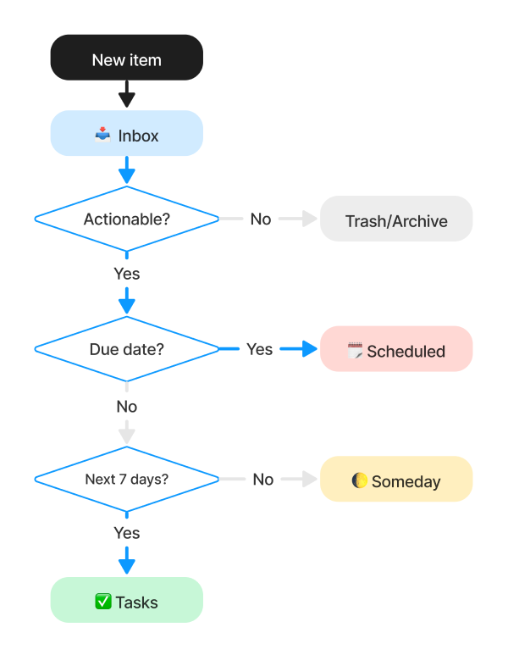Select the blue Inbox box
coord(126,134)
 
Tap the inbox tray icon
coord(102,134)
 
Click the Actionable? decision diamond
coord(126,219)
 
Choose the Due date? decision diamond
coord(126,349)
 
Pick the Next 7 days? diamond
coord(126,479)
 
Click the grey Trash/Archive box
coord(395,219)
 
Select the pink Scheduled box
coord(395,349)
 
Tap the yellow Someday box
coord(395,480)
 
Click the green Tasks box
coord(126,601)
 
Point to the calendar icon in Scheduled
coord(355,350)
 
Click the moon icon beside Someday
coord(360,480)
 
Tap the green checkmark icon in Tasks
coord(102,602)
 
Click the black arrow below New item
coord(126,94)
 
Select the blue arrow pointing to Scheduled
coord(296,349)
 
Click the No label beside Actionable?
coord(261,219)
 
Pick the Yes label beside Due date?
coord(259,349)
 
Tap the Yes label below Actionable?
coord(126,274)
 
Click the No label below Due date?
coord(126,407)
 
